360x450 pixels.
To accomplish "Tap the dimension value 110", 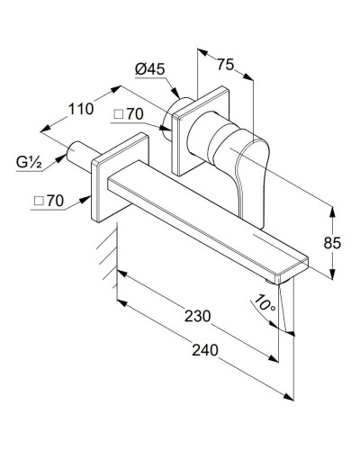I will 81,110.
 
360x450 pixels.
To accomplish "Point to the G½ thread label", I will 29,162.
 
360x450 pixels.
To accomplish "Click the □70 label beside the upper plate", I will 132,116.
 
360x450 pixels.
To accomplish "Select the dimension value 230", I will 197,316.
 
